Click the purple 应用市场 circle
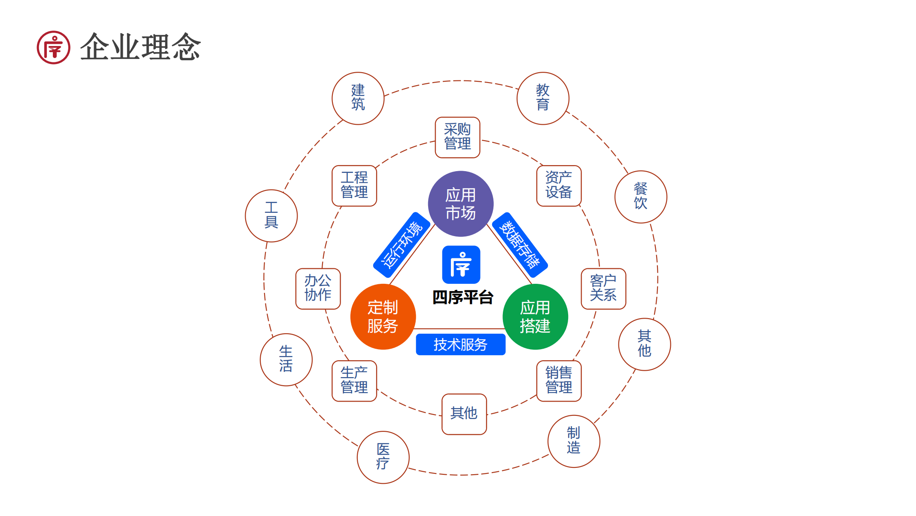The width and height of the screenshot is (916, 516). (x=460, y=204)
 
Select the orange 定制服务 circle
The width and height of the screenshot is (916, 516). (x=383, y=317)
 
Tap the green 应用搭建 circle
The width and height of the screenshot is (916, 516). (x=535, y=317)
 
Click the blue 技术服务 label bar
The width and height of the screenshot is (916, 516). (x=460, y=344)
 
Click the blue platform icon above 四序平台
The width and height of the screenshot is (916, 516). (x=461, y=264)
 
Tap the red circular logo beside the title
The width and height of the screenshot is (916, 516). (x=53, y=47)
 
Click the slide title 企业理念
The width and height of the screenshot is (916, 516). (x=140, y=47)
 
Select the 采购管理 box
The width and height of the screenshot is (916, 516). (x=457, y=137)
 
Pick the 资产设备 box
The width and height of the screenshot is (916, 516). (x=559, y=186)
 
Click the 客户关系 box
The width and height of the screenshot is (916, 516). (x=603, y=289)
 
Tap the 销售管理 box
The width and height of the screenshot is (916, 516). (x=559, y=381)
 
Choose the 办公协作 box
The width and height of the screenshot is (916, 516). (x=318, y=289)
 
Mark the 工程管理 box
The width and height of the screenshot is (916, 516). (x=354, y=186)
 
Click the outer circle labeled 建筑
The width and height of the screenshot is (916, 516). (x=358, y=98)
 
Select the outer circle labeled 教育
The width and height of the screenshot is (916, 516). (x=543, y=98)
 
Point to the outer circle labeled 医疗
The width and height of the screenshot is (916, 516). (x=383, y=457)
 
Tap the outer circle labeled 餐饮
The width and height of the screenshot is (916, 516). (x=641, y=197)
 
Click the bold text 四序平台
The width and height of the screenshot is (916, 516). (x=463, y=298)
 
